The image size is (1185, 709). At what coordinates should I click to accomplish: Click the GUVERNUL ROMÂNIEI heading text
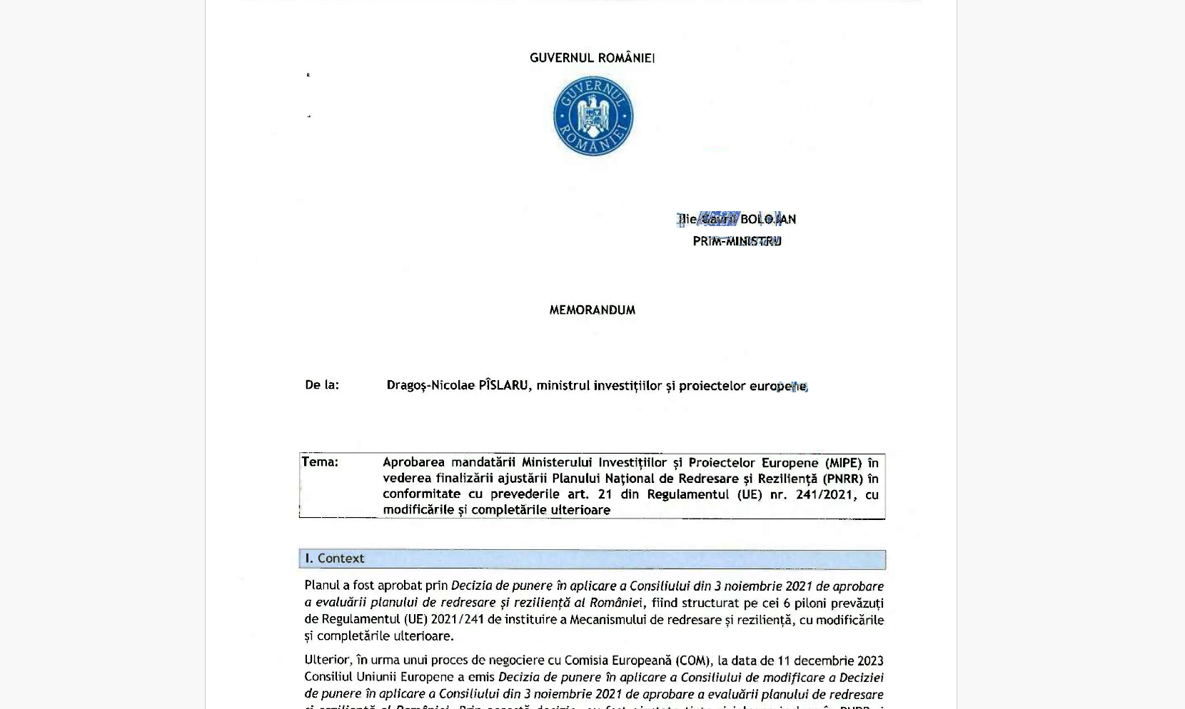click(592, 58)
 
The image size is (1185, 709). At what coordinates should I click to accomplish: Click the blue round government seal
click(593, 116)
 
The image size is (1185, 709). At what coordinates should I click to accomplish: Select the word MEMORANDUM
click(592, 310)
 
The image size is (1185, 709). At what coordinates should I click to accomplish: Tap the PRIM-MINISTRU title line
click(737, 241)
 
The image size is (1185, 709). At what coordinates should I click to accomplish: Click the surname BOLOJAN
click(768, 219)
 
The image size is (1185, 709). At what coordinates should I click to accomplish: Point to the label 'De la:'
click(322, 385)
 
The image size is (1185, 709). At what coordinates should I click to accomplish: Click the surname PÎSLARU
click(503, 385)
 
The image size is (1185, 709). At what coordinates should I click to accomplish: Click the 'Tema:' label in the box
click(320, 461)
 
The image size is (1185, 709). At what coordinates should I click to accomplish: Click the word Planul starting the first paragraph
click(322, 586)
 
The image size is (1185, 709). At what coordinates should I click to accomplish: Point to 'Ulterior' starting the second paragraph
click(328, 660)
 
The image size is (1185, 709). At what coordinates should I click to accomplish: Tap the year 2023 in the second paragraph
click(870, 660)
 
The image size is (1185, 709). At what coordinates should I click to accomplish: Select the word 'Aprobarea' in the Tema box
click(413, 462)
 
